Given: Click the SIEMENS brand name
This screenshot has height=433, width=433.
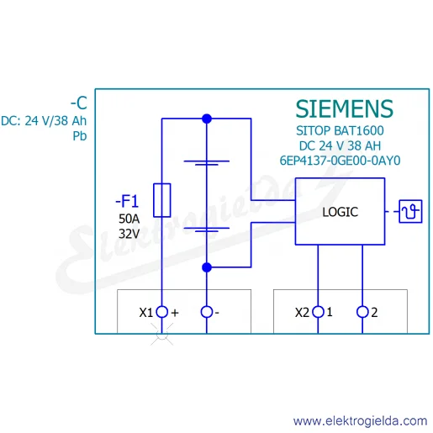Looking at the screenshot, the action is click(x=345, y=108).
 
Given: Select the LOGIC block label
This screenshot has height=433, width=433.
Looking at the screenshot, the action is click(x=340, y=212).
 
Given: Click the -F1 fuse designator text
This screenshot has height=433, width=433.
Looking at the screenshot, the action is click(x=127, y=201).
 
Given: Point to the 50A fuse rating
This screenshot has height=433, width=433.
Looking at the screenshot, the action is click(x=129, y=219).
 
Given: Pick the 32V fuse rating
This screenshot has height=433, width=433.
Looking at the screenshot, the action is click(x=129, y=234).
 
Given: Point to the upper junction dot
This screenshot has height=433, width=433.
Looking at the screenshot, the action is click(x=207, y=119).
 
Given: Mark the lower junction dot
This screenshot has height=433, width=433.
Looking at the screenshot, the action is click(x=207, y=267).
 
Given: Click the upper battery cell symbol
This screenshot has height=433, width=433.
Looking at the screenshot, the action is click(x=207, y=163).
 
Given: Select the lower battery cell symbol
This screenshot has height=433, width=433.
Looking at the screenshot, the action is click(x=207, y=230).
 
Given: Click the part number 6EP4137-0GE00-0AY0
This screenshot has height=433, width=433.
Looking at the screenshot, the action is click(x=340, y=161).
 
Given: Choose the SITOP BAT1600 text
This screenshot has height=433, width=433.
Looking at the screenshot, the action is click(x=340, y=130).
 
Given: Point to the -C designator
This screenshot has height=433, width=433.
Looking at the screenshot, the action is click(x=79, y=103).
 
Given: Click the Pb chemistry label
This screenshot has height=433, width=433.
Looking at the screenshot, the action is click(x=80, y=136).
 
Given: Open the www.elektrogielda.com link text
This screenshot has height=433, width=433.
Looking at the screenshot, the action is click(x=360, y=421).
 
